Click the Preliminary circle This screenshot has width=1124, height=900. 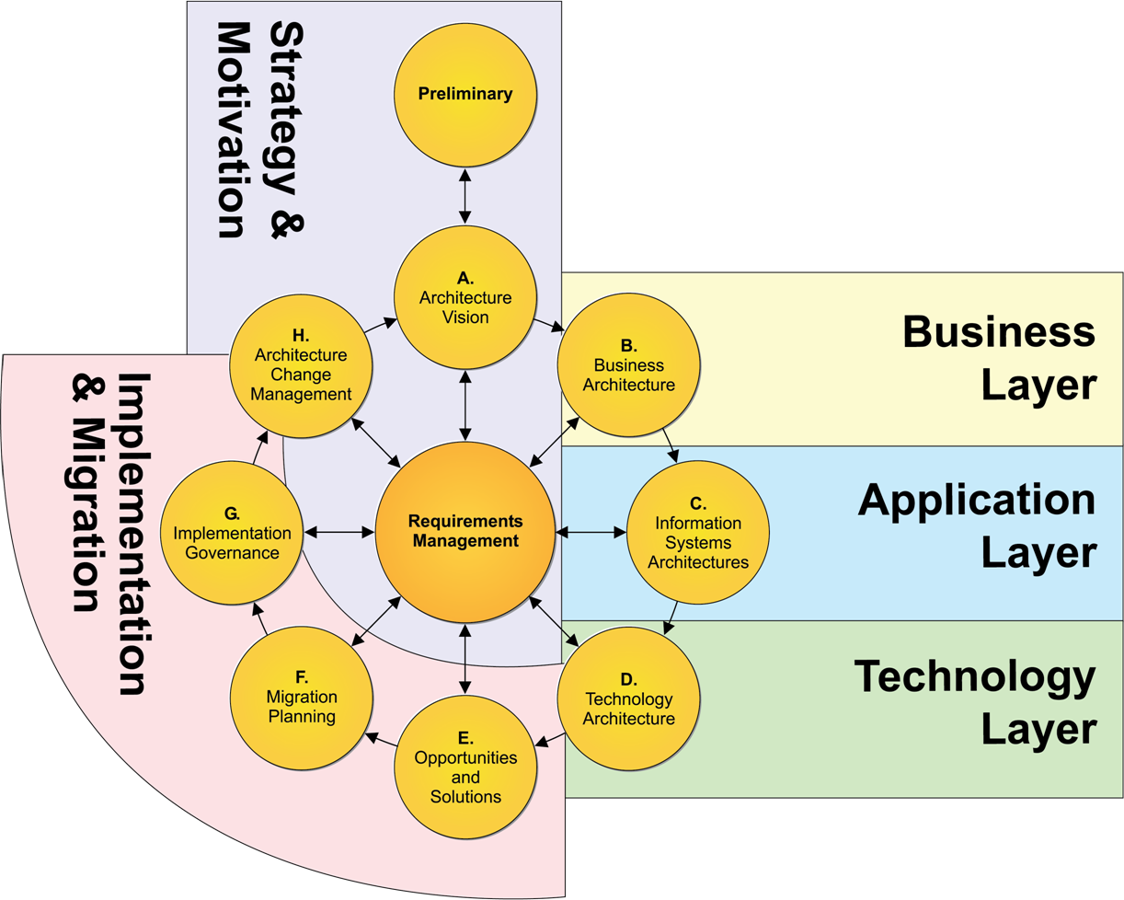click(465, 94)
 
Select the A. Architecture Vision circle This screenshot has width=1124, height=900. click(465, 296)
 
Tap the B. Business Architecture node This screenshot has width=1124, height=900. click(629, 365)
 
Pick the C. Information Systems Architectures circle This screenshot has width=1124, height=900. click(698, 532)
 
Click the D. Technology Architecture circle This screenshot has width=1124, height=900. click(629, 698)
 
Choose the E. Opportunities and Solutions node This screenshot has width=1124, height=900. click(465, 767)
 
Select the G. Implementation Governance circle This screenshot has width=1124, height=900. click(232, 532)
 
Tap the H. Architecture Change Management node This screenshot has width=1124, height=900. click(302, 365)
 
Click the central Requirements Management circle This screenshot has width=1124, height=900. click(465, 532)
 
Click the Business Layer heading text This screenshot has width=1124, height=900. click(1000, 358)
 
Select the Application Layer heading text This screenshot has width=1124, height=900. click(977, 526)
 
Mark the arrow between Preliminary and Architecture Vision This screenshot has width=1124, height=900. click(465, 195)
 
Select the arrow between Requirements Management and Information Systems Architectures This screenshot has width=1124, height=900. click(591, 532)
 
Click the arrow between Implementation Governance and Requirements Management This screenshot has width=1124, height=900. click(339, 532)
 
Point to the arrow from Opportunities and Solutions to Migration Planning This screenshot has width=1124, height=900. click(382, 739)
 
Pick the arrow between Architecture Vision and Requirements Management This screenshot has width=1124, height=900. click(465, 405)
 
